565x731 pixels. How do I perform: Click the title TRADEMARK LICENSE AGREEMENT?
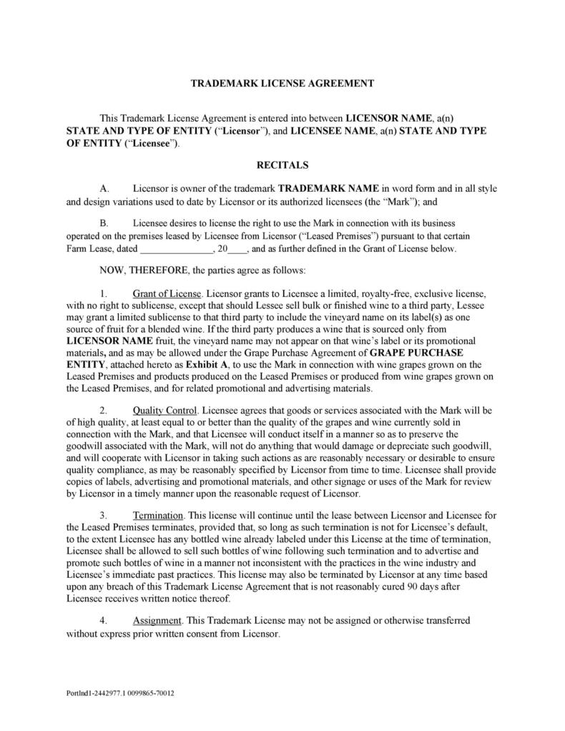[282, 84]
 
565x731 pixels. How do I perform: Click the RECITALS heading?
[282, 165]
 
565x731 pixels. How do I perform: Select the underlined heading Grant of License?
[168, 294]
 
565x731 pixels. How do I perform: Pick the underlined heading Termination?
[159, 515]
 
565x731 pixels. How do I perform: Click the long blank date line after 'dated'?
[176, 250]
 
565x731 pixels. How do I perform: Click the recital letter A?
[104, 189]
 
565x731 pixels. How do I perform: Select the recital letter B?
[104, 223]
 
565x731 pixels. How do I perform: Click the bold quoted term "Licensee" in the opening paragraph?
[152, 143]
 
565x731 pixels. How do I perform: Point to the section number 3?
[104, 515]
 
